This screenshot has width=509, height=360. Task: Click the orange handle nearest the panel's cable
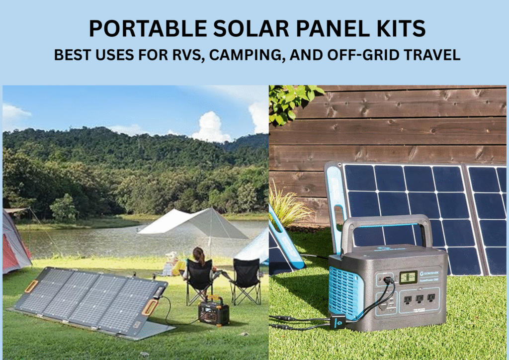click(x=149, y=308)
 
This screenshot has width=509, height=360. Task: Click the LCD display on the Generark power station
click(x=408, y=277)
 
